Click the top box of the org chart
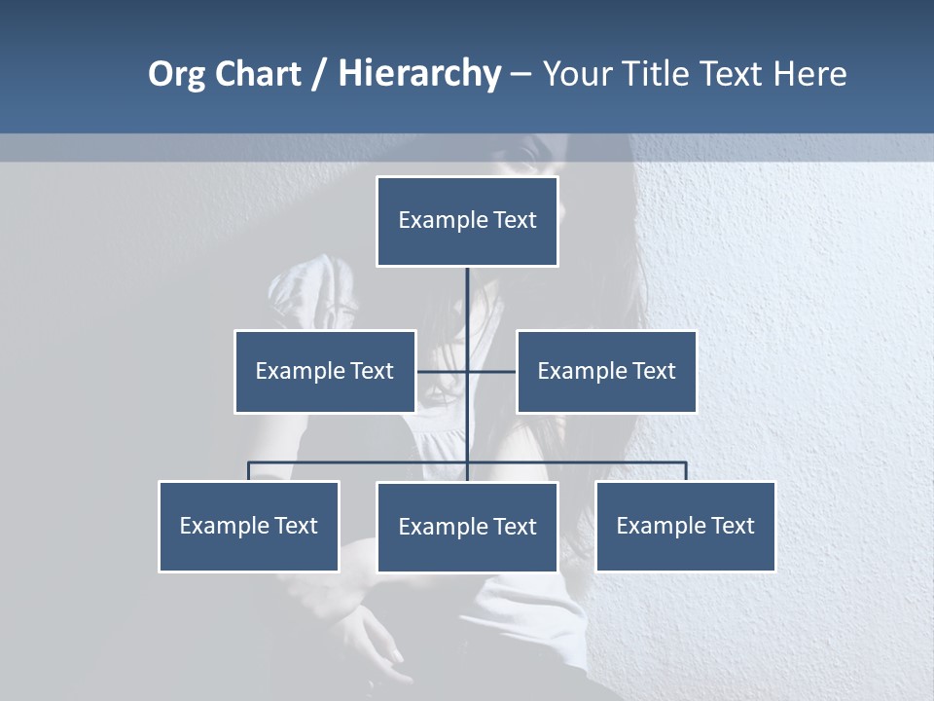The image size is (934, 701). [x=467, y=221]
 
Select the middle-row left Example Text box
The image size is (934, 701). [x=325, y=371]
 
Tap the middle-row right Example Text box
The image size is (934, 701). [x=606, y=371]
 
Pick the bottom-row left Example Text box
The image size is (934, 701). [x=249, y=526]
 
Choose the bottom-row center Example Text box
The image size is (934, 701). [x=467, y=527]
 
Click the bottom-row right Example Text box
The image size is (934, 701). [x=686, y=526]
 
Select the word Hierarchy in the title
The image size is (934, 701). [x=418, y=74]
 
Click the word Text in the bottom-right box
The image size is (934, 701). [x=732, y=526]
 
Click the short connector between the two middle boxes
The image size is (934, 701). [x=443, y=371]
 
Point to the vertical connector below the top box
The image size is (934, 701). [x=467, y=302]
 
